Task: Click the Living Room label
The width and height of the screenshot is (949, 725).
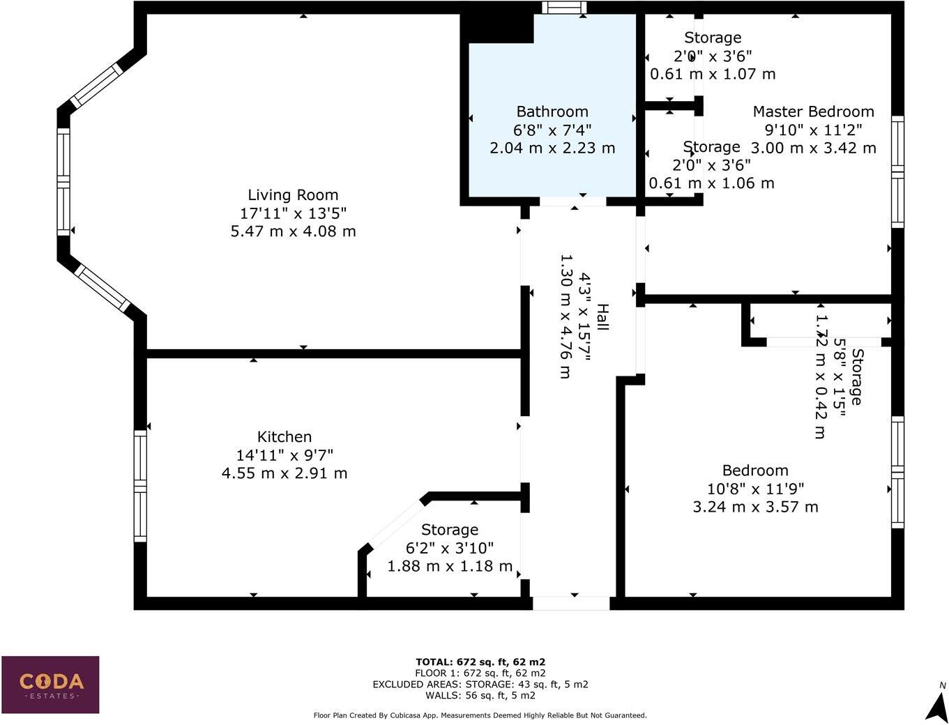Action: pos(293,195)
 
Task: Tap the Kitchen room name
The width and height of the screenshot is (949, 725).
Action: pos(284,437)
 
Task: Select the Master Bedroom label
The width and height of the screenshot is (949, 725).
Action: pos(813,112)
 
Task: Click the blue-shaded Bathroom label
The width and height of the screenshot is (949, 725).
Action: pos(552,112)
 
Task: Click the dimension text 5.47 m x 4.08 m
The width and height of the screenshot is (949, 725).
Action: pos(293,231)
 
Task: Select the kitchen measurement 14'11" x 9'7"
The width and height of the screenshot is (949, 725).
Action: pos(284,455)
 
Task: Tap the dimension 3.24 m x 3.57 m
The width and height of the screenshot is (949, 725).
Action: pos(755,507)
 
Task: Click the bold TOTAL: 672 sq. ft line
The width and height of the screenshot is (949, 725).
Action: pos(480,662)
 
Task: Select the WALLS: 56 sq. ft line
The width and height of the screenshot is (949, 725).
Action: pos(480,695)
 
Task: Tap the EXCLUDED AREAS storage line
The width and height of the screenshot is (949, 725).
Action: pos(480,685)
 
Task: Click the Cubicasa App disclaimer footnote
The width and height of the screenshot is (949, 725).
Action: pos(480,715)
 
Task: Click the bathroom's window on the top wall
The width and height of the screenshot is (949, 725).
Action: pos(564,8)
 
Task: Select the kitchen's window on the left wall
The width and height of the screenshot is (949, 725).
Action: pos(140,486)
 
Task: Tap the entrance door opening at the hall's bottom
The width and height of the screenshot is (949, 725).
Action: pos(571,603)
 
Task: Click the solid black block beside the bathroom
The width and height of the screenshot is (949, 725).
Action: pos(496,28)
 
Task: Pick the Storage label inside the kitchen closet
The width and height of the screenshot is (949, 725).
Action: pos(450,530)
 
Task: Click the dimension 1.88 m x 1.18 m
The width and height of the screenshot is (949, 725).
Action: pos(450,566)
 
